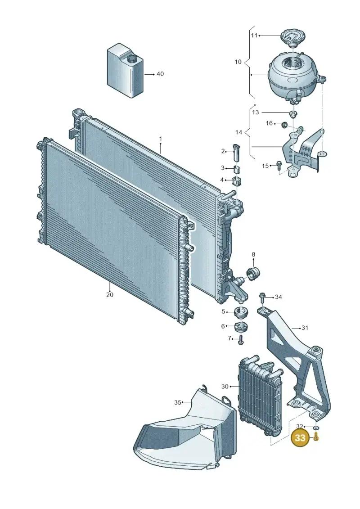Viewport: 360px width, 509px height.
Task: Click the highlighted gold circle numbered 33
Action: click(300, 438)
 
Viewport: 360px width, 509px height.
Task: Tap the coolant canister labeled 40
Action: click(125, 72)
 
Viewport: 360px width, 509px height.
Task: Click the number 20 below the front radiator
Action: click(110, 294)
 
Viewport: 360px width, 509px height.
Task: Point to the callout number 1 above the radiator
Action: click(160, 139)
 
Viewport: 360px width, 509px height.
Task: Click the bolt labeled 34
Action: click(262, 297)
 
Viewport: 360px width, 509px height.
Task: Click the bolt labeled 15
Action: click(278, 165)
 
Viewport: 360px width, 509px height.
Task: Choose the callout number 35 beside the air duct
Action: click(178, 402)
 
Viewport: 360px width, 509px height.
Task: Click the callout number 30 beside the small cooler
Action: click(225, 386)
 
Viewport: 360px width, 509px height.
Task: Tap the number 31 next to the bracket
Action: click(305, 328)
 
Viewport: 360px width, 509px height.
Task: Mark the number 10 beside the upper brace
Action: click(238, 62)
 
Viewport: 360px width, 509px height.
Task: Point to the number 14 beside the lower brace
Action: click(238, 132)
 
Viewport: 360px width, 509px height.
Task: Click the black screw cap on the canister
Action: click(132, 59)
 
